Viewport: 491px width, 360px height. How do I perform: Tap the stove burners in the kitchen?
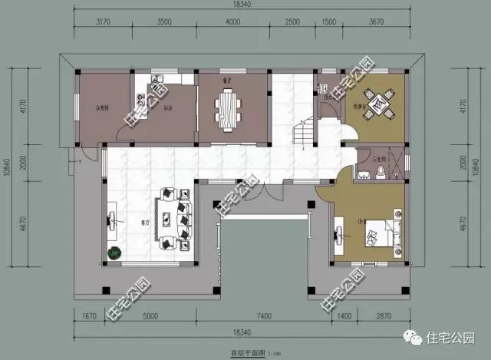[141, 98]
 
